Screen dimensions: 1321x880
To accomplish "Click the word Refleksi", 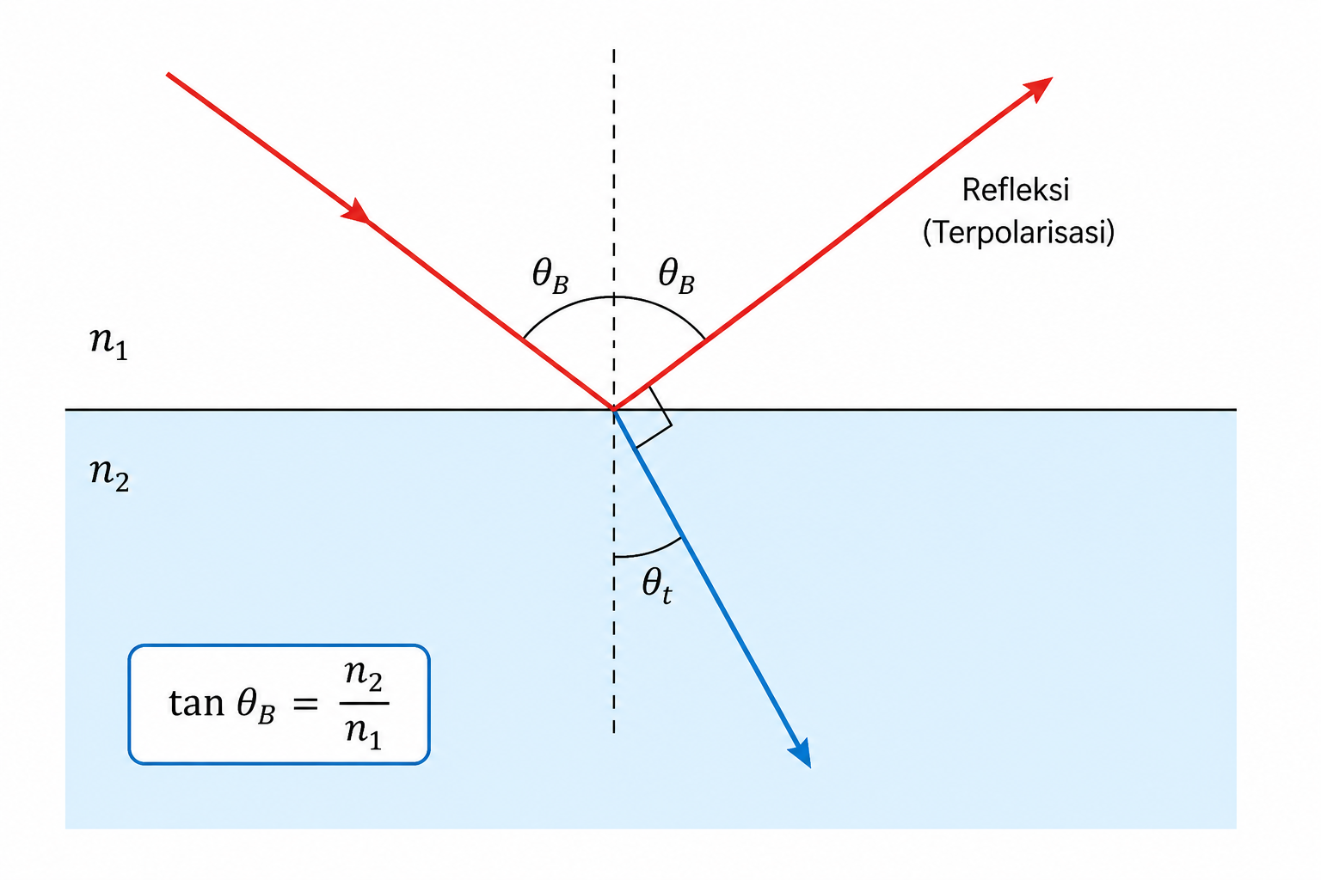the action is pos(1016,190).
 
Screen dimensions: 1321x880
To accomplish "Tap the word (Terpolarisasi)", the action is pos(1018,232).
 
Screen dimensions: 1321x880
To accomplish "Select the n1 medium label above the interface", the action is pos(108,343).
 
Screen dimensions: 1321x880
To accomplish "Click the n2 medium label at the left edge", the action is pos(109,474).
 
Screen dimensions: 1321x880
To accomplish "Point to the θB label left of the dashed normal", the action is pos(550,275).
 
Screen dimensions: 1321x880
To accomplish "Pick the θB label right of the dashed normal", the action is pos(677,275).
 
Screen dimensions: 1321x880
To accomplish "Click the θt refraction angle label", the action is pos(657,586).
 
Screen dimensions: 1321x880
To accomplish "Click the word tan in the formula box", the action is pos(196,703).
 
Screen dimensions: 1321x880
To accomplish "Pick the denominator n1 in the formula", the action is pos(363,733).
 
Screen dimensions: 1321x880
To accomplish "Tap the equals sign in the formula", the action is pos(305,703).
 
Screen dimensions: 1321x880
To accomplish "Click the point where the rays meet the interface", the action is pos(614,409).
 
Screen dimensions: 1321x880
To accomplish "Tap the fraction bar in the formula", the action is pos(364,703).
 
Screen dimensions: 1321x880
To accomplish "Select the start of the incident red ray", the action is pos(168,74).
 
